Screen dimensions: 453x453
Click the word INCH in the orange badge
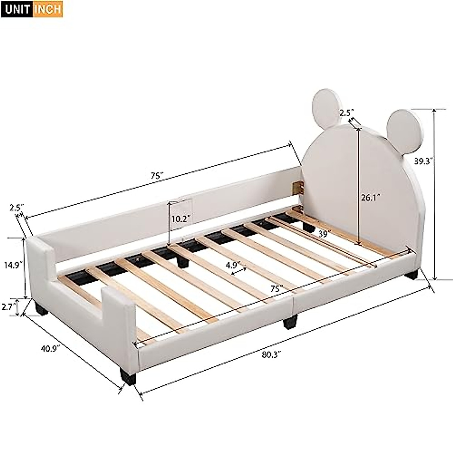(x=47, y=9)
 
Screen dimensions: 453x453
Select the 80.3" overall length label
(x=268, y=355)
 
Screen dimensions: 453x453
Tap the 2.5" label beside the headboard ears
(x=346, y=112)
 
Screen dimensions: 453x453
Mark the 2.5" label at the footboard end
(x=17, y=207)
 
